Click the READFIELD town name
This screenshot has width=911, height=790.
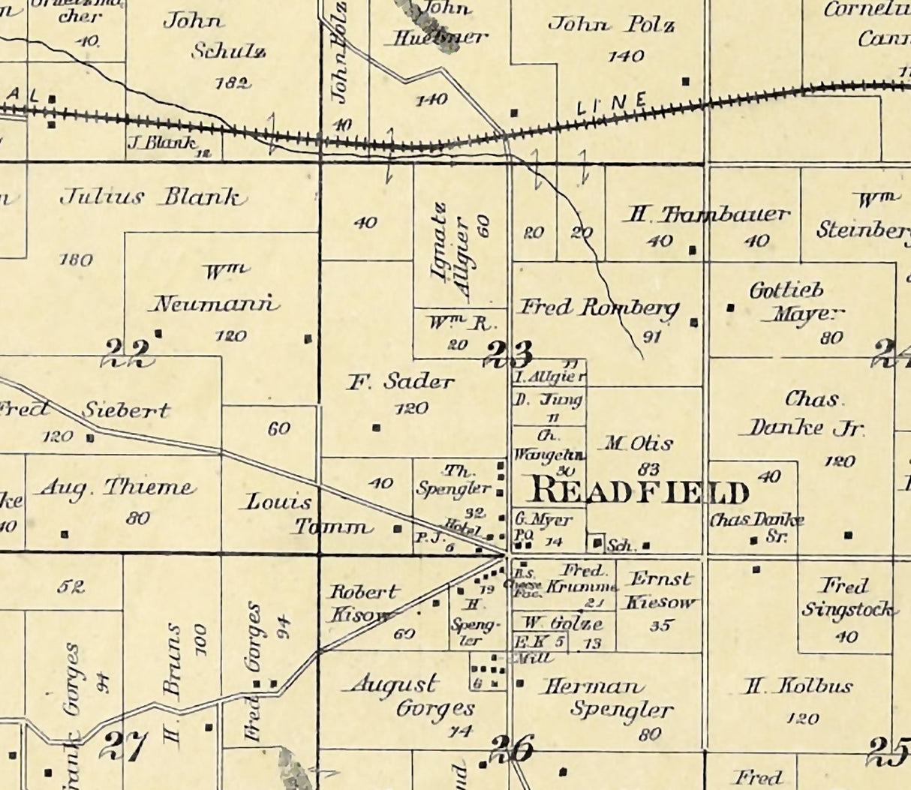[639, 492]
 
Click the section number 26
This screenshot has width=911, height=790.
[513, 748]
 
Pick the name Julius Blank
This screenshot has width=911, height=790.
[152, 198]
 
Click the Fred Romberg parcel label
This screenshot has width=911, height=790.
[599, 308]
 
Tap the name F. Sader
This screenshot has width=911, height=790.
[400, 382]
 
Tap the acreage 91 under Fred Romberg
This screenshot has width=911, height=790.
[652, 337]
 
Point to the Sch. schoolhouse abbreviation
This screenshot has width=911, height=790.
[621, 546]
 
